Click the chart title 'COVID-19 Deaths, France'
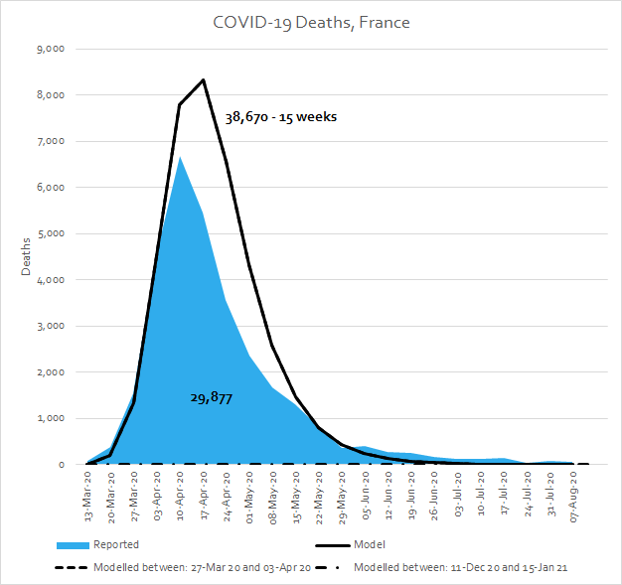(310, 21)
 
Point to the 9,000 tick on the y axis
(50, 49)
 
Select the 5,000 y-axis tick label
(50, 233)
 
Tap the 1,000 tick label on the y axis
(50, 418)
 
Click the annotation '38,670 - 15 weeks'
(280, 117)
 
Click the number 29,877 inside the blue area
(211, 397)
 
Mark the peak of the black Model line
(203, 79)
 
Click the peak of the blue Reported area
(180, 157)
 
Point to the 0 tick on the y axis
(62, 464)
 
